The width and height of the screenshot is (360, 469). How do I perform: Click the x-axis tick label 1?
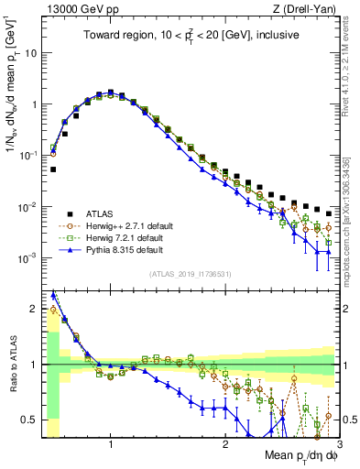[x=111, y=445]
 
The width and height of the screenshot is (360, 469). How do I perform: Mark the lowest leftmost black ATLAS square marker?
[x=53, y=169]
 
